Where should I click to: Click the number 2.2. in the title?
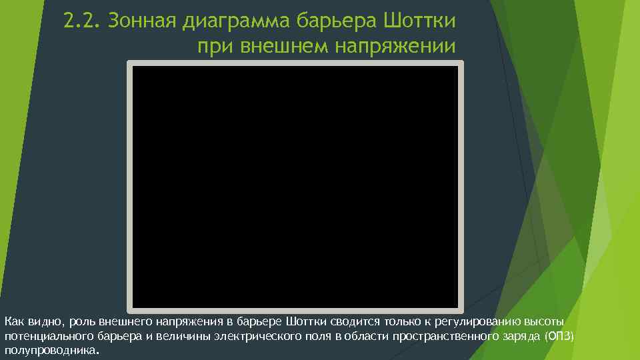pos(81,21)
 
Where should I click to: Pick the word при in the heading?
pos(215,47)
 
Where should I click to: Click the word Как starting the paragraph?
pos(14,323)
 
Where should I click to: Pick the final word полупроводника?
pos(51,350)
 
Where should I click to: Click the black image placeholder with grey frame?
pos(295,186)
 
